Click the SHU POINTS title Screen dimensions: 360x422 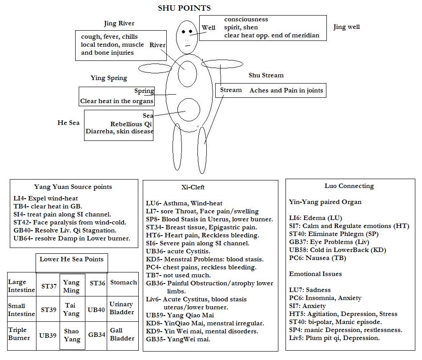[184, 8]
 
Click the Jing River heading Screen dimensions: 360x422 [119, 24]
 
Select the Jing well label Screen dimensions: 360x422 [346, 27]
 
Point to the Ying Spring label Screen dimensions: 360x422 [109, 78]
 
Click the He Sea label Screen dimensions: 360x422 [68, 123]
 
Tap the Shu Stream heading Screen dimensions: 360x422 [266, 76]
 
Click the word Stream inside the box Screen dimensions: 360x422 [231, 90]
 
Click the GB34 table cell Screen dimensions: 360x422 [96, 335]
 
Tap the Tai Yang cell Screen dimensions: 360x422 [72, 309]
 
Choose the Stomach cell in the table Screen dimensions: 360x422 [124, 283]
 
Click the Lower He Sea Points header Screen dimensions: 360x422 [71, 260]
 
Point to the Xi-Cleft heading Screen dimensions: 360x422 [193, 188]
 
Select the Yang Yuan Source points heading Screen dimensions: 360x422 [73, 187]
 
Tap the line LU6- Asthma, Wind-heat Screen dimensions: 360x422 [184, 204]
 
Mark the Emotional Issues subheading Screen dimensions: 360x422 [315, 274]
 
